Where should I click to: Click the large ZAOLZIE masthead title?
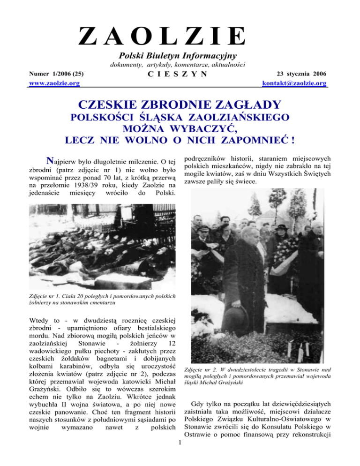tap(161, 36)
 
